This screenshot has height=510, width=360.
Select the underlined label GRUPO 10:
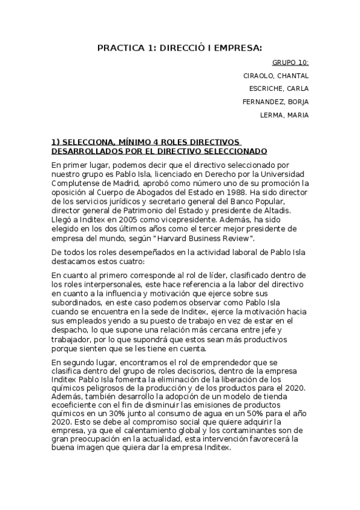(290, 63)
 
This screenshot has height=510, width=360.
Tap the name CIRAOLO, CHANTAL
(275, 76)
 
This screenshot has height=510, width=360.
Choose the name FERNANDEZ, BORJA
(275, 102)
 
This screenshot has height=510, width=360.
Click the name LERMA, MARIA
(284, 115)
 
